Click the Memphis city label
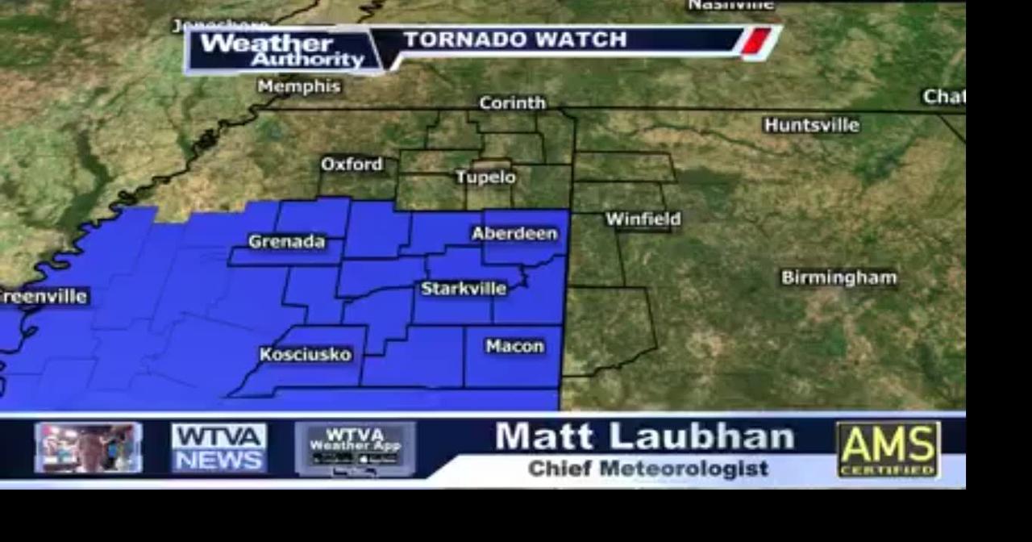[x=300, y=86]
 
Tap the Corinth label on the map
[x=512, y=103]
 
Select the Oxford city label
[x=352, y=165]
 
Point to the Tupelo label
[x=485, y=177]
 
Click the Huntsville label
[x=811, y=125]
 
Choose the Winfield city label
[x=643, y=219]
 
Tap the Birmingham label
[x=838, y=278]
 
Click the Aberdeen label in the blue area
[x=514, y=234]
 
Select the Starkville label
[x=464, y=289]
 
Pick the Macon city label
[x=515, y=347]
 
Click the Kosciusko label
[x=306, y=355]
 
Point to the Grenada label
[x=286, y=242]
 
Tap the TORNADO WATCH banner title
[x=514, y=40]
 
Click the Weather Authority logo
[x=282, y=51]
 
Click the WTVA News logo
[x=218, y=448]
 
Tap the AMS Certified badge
[x=888, y=448]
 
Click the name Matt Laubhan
[x=644, y=437]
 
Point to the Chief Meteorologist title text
[x=647, y=469]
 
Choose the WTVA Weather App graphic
[x=355, y=448]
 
